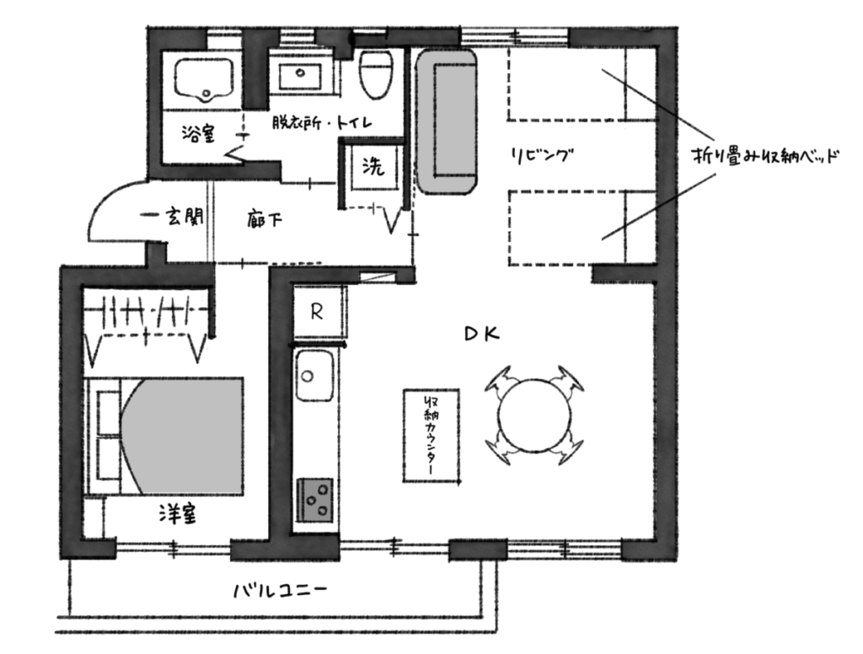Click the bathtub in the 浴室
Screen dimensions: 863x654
(x=204, y=80)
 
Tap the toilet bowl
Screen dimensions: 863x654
(x=376, y=74)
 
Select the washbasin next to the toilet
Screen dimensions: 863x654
(x=300, y=77)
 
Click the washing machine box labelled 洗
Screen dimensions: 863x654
(x=373, y=168)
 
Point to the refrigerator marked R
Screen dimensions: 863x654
(x=317, y=312)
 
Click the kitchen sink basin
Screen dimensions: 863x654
(x=314, y=377)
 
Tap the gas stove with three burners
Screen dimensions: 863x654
(x=315, y=500)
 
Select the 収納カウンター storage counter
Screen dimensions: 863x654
(x=431, y=436)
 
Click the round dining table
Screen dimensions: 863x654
(x=534, y=415)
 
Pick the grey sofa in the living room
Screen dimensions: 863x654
(x=447, y=121)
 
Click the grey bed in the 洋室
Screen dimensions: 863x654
(x=164, y=436)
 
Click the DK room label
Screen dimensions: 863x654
(x=482, y=334)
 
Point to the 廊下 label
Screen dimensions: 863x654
(x=265, y=220)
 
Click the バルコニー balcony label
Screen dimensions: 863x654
(x=280, y=591)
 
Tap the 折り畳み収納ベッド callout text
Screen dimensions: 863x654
(x=765, y=158)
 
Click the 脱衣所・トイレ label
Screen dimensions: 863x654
(x=322, y=122)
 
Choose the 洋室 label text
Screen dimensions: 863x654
(x=178, y=514)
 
